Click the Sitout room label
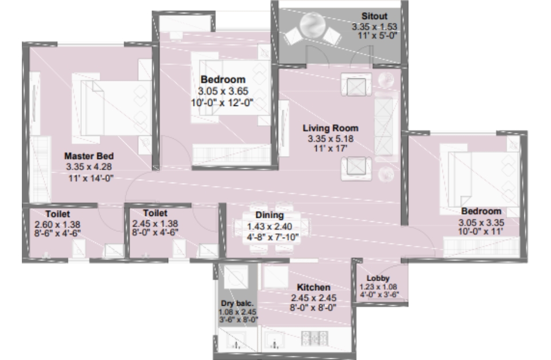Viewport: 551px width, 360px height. click(x=374, y=16)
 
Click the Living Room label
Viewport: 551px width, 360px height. click(x=330, y=128)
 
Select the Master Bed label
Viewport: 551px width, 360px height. click(x=89, y=156)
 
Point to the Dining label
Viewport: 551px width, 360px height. click(x=269, y=215)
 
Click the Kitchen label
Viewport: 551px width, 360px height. click(x=313, y=287)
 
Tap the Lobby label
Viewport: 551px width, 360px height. click(x=378, y=278)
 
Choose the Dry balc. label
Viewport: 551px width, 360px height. click(x=237, y=304)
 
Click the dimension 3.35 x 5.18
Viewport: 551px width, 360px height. click(x=330, y=138)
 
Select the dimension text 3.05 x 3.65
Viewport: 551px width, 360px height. click(x=223, y=91)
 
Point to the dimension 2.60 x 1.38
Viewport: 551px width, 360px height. click(x=57, y=224)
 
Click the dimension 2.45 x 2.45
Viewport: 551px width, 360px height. click(x=313, y=298)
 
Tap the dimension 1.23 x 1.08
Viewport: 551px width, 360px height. click(x=378, y=286)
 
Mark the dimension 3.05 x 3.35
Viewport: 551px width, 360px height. click(x=481, y=222)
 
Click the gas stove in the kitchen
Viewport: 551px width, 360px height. click(x=314, y=338)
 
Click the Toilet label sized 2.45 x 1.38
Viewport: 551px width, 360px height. click(x=155, y=213)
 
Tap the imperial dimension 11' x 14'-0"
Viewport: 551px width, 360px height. click(x=91, y=178)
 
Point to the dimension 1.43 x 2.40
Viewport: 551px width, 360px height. click(x=269, y=227)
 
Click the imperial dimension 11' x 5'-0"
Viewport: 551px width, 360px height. click(x=377, y=36)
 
